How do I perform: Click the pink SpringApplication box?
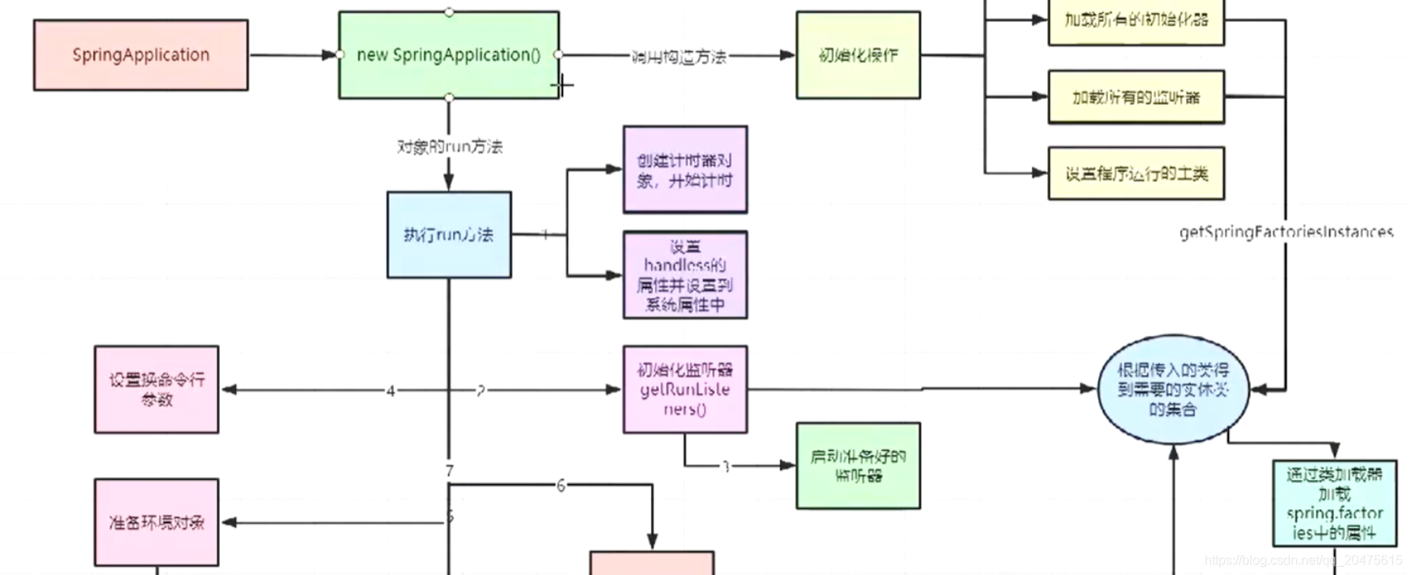[x=140, y=55]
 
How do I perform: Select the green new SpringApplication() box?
[x=448, y=55]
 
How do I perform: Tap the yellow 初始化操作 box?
[x=858, y=55]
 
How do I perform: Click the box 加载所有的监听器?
[x=1136, y=97]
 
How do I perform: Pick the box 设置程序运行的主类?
[x=1136, y=174]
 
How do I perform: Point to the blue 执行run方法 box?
[x=449, y=235]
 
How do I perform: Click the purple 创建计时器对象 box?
[x=685, y=170]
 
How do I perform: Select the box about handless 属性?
[x=685, y=275]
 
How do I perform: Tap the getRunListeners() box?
[x=685, y=389]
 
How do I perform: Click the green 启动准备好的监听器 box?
[x=858, y=466]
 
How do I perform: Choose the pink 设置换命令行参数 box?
[x=157, y=389]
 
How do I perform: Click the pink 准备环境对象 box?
[x=157, y=522]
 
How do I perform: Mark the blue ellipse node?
[x=1173, y=390]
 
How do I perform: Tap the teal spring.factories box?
[x=1335, y=503]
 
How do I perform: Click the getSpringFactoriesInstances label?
[x=1286, y=233]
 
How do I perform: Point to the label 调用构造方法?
[x=679, y=57]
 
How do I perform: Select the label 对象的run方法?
[x=450, y=147]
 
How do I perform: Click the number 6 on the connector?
[x=561, y=486]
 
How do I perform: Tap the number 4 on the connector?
[x=390, y=391]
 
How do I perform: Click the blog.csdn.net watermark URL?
[x=1304, y=560]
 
